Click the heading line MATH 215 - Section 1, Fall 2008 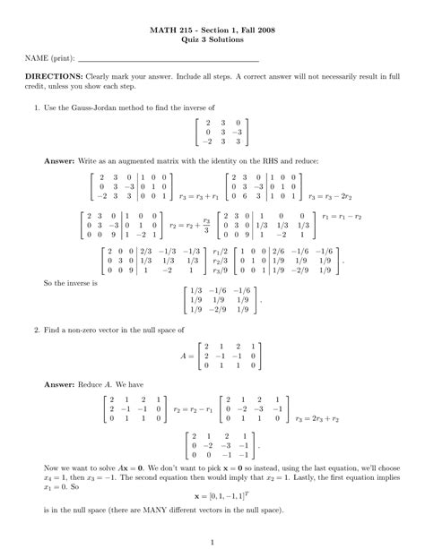[212, 30]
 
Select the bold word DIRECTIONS [56, 78]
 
